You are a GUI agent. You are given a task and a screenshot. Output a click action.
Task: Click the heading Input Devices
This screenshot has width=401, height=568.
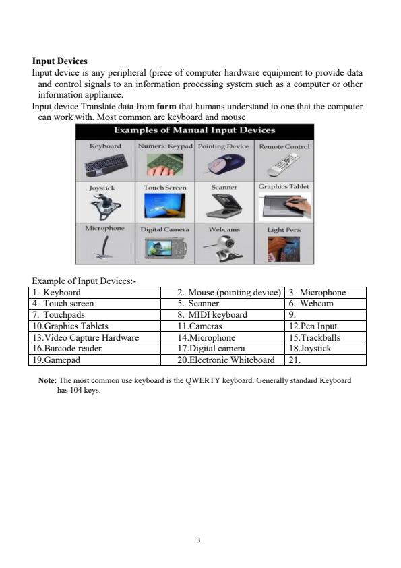(x=60, y=61)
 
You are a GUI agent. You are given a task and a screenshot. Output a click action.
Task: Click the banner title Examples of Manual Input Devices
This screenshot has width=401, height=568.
(x=194, y=130)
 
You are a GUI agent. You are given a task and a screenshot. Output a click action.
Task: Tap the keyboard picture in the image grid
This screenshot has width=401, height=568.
(x=105, y=164)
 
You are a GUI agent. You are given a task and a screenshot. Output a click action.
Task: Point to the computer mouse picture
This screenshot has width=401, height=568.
(x=224, y=163)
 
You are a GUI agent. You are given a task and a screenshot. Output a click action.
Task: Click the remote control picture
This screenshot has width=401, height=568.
(x=284, y=164)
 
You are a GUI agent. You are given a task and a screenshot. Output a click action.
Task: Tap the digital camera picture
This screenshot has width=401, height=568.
(x=164, y=249)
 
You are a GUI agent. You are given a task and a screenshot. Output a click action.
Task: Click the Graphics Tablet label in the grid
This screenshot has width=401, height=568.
(x=284, y=186)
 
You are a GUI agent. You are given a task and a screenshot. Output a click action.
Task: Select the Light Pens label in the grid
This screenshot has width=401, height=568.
(x=284, y=230)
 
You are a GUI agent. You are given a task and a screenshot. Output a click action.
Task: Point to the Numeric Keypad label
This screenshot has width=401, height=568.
(x=165, y=146)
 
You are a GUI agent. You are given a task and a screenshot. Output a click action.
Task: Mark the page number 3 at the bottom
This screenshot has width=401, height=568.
(x=200, y=540)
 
